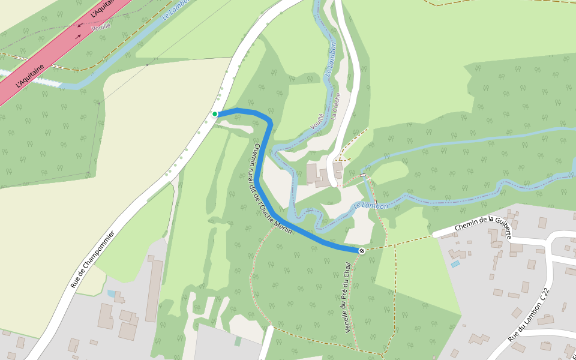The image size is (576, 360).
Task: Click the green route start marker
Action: click(x=215, y=114)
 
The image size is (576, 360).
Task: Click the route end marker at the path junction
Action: click(x=362, y=250)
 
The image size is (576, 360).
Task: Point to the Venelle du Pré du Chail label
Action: click(x=347, y=298)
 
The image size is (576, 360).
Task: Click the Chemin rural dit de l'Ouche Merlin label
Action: click(x=272, y=190)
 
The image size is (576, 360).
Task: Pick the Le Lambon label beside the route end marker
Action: click(x=370, y=206)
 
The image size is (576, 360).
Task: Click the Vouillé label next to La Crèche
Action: click(x=317, y=121)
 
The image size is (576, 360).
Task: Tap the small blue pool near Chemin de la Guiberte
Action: click(x=455, y=264)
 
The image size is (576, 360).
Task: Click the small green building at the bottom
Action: click(x=238, y=341)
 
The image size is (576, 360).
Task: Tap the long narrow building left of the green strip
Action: click(x=154, y=288)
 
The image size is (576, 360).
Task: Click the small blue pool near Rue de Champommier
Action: click(x=112, y=293)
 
